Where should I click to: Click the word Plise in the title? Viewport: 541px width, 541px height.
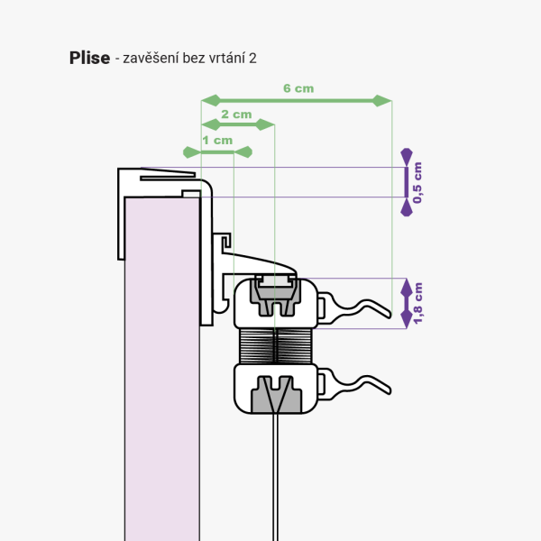click(x=89, y=58)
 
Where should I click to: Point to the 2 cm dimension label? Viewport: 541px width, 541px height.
click(x=236, y=115)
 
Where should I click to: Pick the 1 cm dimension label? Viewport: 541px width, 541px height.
click(x=217, y=141)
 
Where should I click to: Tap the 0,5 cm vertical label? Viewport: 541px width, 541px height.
click(x=416, y=182)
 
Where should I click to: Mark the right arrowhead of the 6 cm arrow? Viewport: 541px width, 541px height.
click(x=385, y=100)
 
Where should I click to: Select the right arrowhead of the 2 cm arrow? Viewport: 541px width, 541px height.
click(x=266, y=124)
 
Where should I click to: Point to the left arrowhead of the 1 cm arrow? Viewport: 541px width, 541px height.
click(x=188, y=151)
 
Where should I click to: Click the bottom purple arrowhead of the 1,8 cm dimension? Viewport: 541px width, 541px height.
click(x=407, y=317)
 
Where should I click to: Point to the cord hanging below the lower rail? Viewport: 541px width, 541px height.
click(x=273, y=478)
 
